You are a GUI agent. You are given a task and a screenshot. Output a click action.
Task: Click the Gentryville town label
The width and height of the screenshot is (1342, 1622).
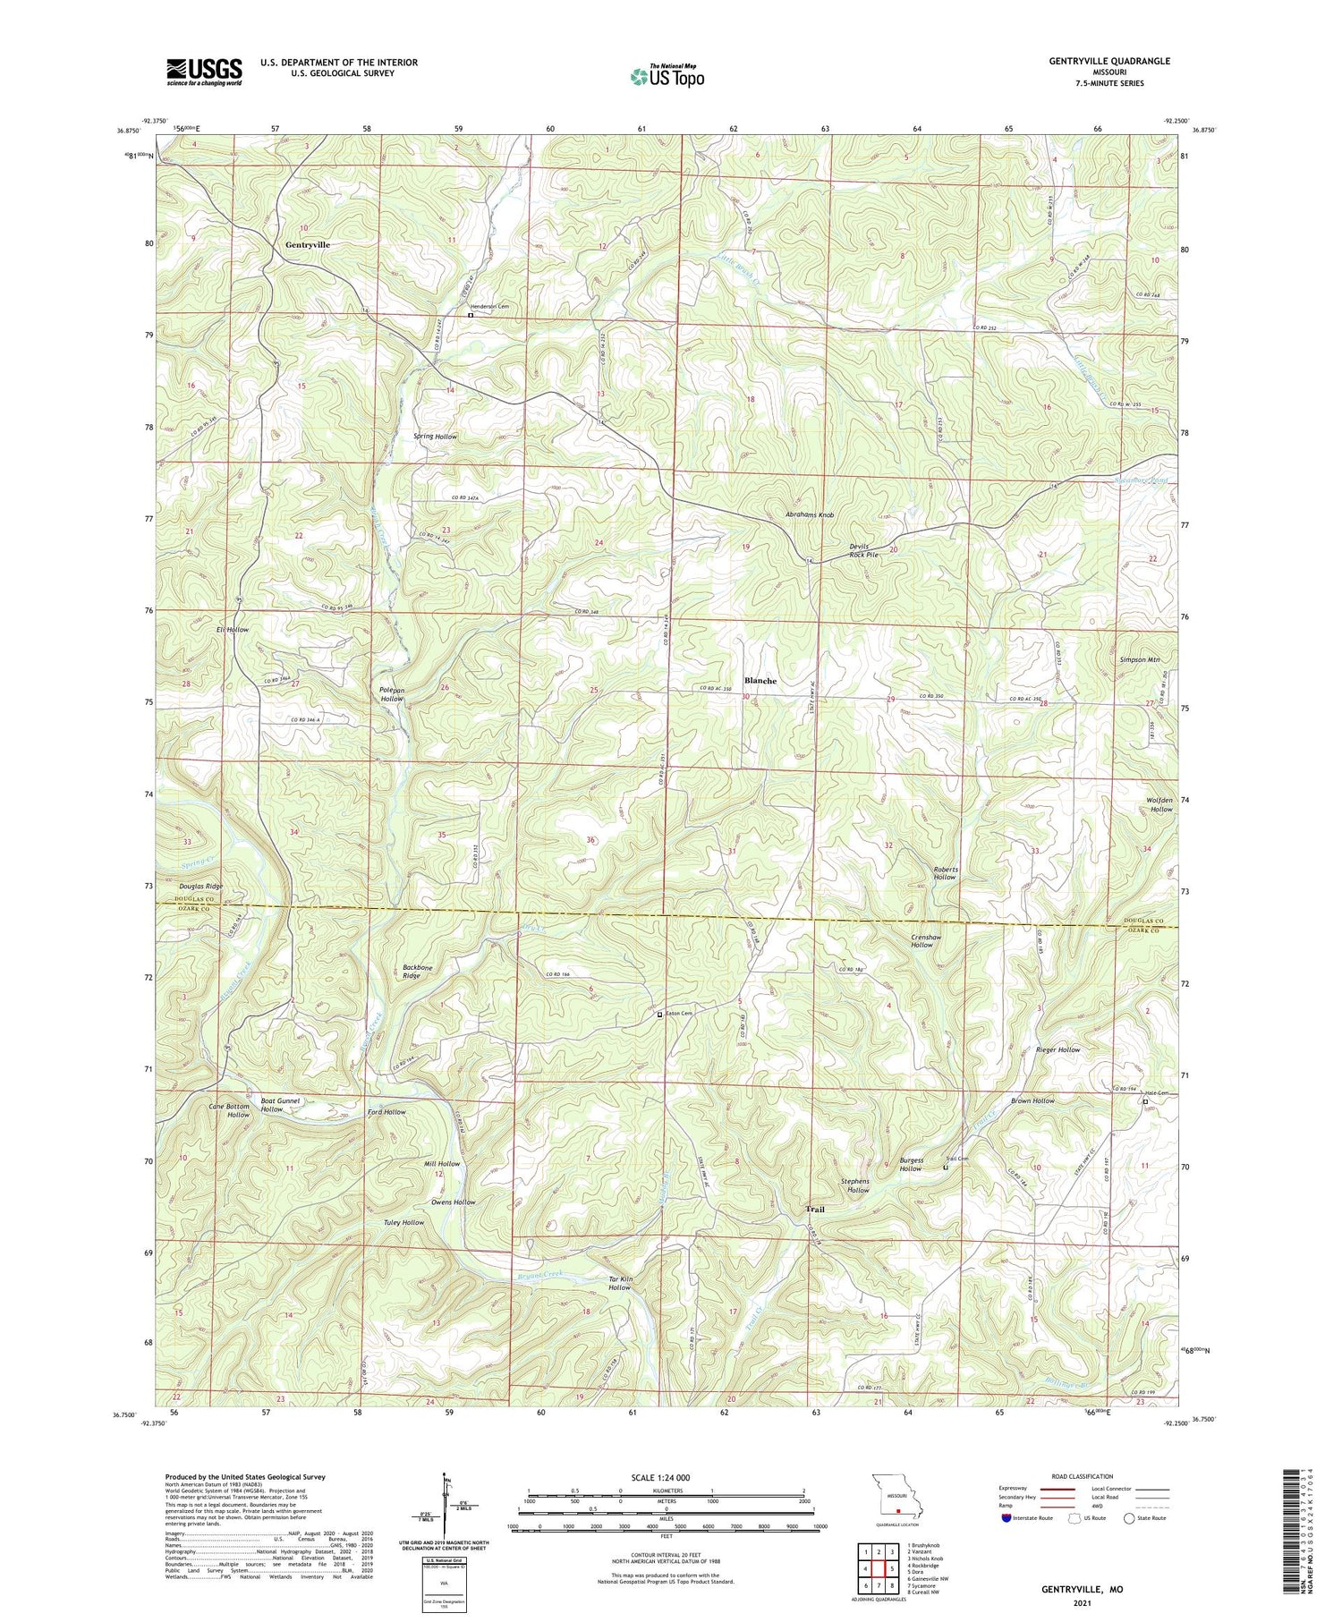(307, 244)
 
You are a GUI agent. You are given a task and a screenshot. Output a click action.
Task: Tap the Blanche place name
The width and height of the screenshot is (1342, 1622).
(760, 681)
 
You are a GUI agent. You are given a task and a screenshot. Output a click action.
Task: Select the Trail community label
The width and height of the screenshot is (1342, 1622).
(815, 1210)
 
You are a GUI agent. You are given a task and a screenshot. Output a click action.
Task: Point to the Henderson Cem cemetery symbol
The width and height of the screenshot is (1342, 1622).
(471, 315)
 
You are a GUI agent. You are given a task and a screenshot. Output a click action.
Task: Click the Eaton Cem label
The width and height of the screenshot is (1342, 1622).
(680, 1014)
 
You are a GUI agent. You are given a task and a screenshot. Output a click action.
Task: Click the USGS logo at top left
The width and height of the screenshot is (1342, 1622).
(204, 72)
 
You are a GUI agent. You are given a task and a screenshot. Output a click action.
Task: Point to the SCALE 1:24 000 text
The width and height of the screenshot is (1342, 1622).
(666, 1478)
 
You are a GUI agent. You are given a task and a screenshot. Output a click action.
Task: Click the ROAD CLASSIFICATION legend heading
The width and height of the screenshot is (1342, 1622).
(1083, 1477)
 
